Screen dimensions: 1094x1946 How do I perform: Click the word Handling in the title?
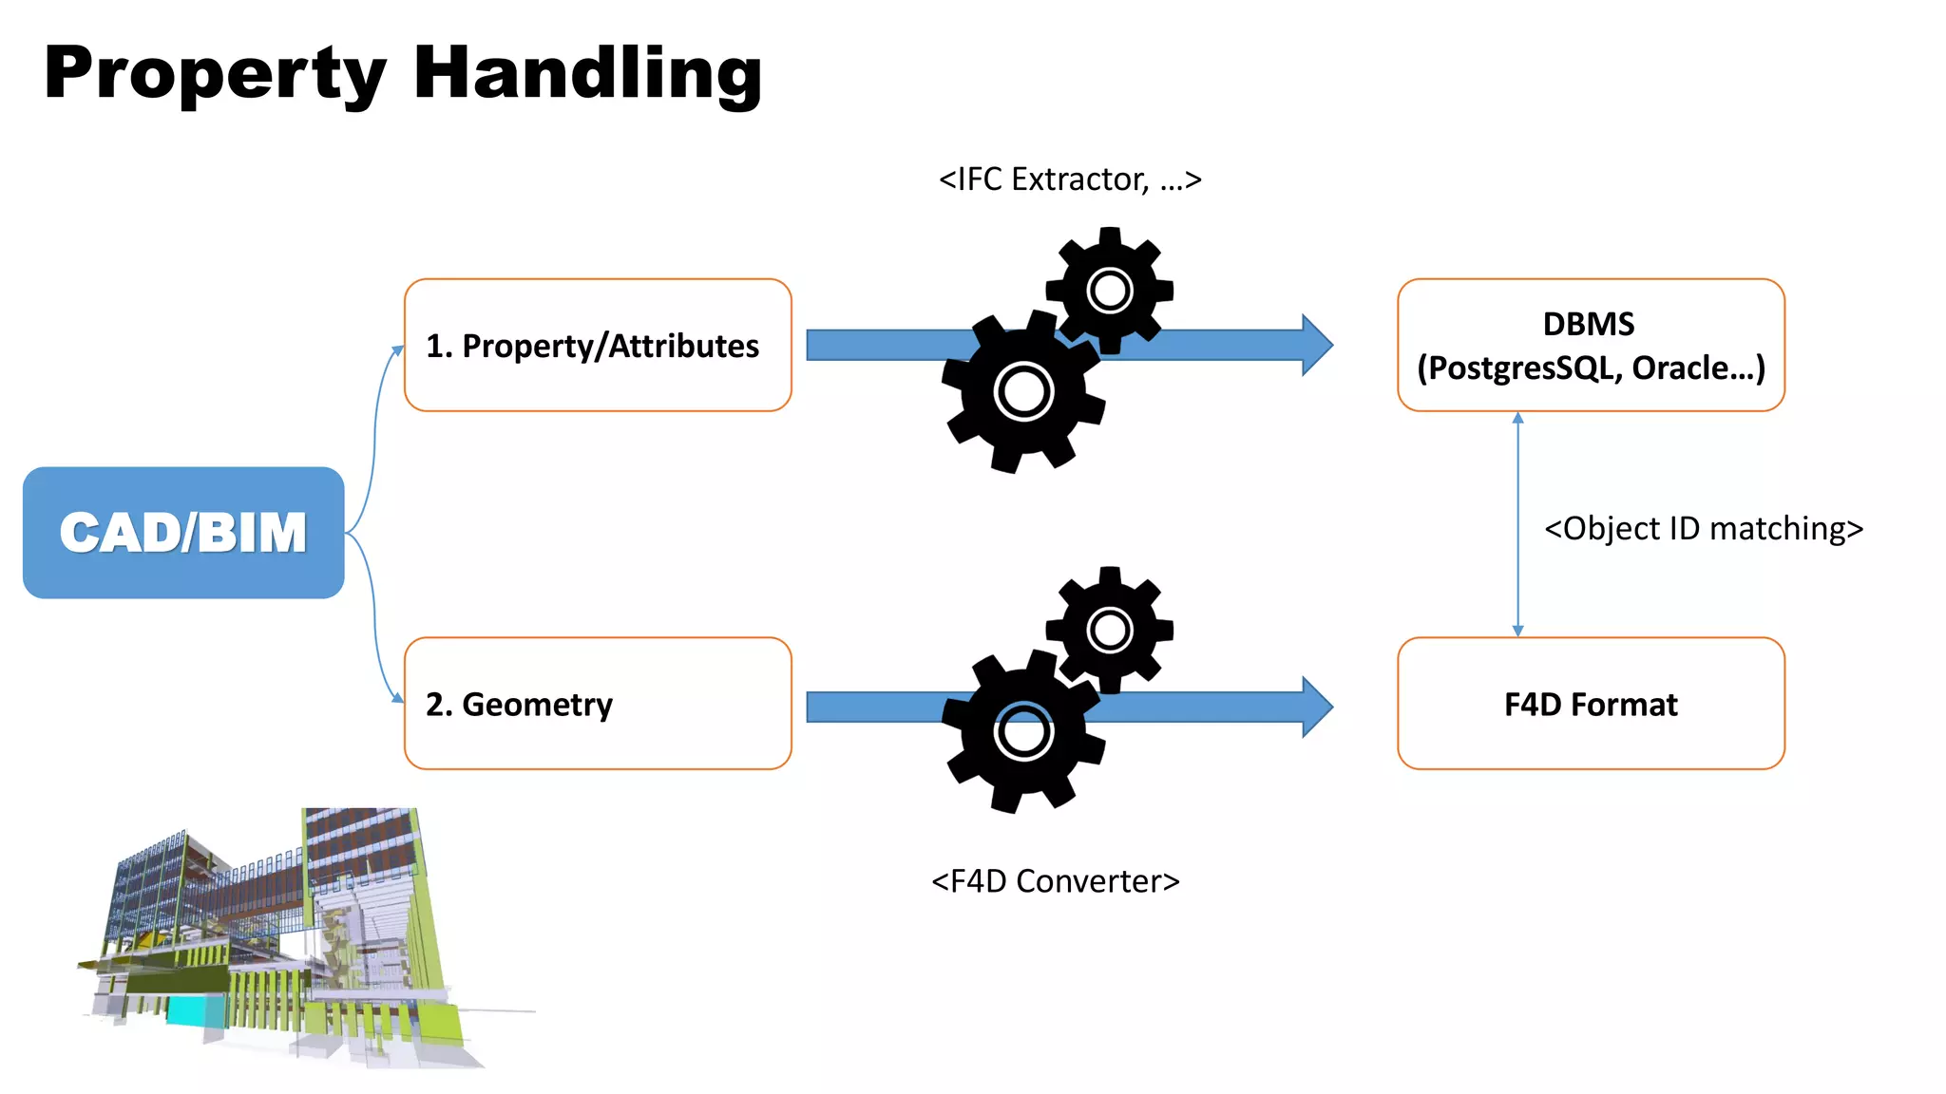[587, 74]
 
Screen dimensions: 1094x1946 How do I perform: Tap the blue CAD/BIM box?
[183, 532]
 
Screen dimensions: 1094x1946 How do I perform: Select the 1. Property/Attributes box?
[598, 345]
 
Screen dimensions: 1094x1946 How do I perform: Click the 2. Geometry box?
[598, 703]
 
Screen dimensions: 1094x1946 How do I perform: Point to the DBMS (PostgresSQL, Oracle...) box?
[1591, 345]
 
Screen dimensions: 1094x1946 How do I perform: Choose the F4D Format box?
[1591, 703]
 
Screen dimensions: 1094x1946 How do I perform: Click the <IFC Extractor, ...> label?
[1070, 179]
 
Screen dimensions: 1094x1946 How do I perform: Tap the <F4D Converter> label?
[1055, 880]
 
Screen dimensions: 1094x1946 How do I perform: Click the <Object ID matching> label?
[1703, 528]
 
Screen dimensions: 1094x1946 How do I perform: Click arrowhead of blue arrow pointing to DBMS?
[1317, 345]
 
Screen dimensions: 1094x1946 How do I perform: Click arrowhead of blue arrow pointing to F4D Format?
[1317, 707]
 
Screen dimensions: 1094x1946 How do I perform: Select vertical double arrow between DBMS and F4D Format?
[1517, 524]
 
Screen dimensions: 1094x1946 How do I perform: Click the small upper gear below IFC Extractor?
[1110, 290]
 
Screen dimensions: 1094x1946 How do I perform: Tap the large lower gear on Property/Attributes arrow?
[1023, 391]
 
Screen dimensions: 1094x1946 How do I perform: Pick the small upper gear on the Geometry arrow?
[1110, 630]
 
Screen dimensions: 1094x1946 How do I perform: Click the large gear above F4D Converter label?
[1023, 732]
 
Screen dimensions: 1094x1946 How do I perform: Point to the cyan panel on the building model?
[197, 1009]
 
